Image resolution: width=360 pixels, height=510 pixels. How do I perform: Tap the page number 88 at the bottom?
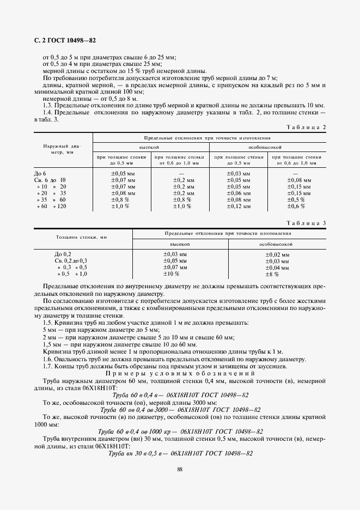(179, 470)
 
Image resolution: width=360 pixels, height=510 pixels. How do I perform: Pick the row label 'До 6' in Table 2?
(40, 174)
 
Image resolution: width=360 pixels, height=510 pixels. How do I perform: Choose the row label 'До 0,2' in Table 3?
(63, 254)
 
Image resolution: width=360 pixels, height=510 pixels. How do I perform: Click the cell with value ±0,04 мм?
(277, 268)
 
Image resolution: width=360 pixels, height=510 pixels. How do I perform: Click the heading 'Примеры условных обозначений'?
(179, 374)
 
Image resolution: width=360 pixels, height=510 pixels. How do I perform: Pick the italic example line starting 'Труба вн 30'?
(179, 453)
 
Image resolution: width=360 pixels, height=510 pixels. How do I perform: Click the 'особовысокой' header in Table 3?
(277, 245)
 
